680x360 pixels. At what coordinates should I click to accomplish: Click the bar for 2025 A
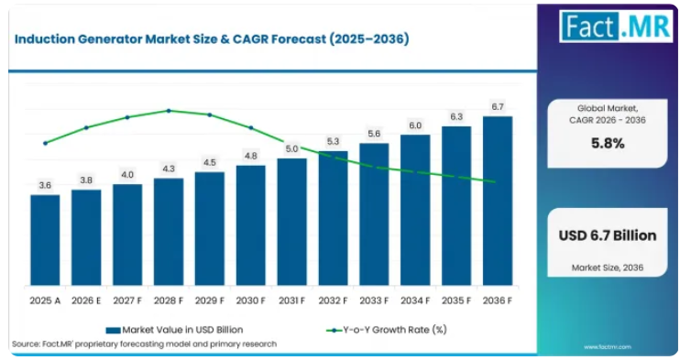(45, 240)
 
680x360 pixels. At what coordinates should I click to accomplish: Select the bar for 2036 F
(498, 201)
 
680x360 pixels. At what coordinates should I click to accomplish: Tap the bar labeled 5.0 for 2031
(291, 222)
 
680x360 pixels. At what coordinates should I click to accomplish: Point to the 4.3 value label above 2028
(169, 169)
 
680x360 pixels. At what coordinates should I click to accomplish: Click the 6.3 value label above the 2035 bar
(456, 116)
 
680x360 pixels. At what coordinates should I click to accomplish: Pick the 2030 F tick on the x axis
(251, 300)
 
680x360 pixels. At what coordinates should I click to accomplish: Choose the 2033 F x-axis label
(374, 300)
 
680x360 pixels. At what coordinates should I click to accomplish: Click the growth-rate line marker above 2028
(169, 111)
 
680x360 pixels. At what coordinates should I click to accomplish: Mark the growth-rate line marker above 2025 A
(45, 143)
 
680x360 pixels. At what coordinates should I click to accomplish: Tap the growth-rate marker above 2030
(251, 128)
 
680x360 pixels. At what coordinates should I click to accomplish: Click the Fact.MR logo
(616, 27)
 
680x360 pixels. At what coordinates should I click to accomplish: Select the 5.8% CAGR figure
(608, 143)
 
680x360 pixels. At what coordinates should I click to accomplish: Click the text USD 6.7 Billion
(608, 235)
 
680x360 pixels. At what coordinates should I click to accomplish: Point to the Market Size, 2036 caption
(608, 267)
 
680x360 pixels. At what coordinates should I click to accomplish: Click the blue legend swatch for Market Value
(114, 331)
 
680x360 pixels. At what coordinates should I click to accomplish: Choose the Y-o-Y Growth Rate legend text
(395, 330)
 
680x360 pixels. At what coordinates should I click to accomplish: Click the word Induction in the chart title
(45, 39)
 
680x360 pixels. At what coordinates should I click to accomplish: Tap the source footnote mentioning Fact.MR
(145, 344)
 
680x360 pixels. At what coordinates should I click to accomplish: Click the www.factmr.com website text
(607, 347)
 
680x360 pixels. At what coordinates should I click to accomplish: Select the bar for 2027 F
(127, 235)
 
